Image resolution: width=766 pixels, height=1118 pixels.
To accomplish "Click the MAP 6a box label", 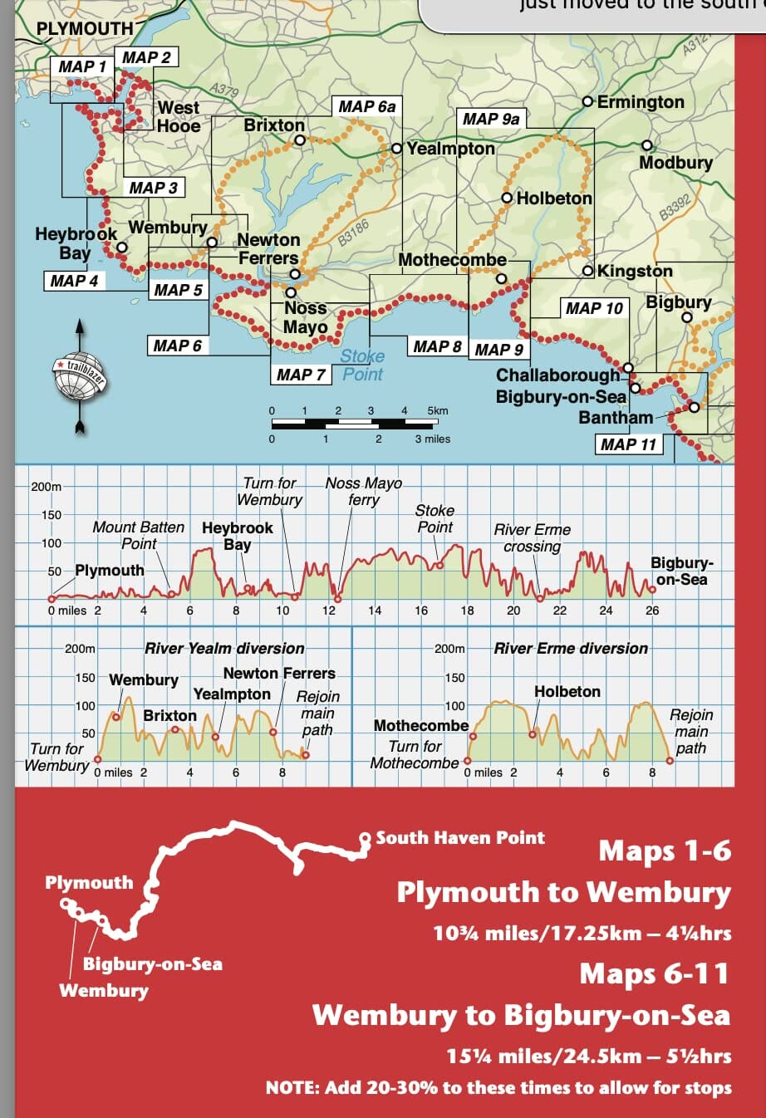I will click(x=367, y=106).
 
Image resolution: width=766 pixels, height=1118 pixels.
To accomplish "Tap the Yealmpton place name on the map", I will click(x=450, y=149).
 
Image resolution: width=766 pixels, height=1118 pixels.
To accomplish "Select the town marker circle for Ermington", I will click(x=588, y=101).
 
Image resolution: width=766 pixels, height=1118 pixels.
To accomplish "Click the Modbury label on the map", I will click(x=675, y=163).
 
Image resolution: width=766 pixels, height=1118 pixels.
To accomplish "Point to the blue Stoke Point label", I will click(x=362, y=365).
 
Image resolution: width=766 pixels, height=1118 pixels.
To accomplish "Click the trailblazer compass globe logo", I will click(x=80, y=376).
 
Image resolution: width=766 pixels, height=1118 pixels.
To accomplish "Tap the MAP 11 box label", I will click(x=628, y=444).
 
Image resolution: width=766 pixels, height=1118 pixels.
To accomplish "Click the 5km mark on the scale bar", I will click(x=437, y=410).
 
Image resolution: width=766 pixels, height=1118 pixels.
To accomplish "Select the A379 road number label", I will click(x=223, y=91).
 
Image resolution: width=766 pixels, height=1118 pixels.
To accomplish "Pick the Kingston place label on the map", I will click(x=635, y=271).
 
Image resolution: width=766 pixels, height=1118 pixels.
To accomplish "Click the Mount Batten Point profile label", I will click(x=139, y=535).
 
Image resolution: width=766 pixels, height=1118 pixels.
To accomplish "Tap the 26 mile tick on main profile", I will click(x=652, y=610).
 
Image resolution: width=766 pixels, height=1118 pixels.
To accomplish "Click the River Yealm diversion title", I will click(x=224, y=648).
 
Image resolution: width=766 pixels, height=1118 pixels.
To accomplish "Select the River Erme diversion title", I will click(x=571, y=648).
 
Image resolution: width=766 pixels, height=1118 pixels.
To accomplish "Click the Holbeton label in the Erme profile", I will click(x=567, y=691).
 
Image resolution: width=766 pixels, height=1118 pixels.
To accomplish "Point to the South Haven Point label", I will click(x=460, y=837).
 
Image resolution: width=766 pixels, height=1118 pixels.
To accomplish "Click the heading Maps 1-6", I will click(x=665, y=851).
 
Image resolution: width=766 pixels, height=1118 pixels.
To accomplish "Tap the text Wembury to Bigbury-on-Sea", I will click(x=521, y=1015).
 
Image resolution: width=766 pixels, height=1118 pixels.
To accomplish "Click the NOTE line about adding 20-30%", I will click(x=498, y=1087).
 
